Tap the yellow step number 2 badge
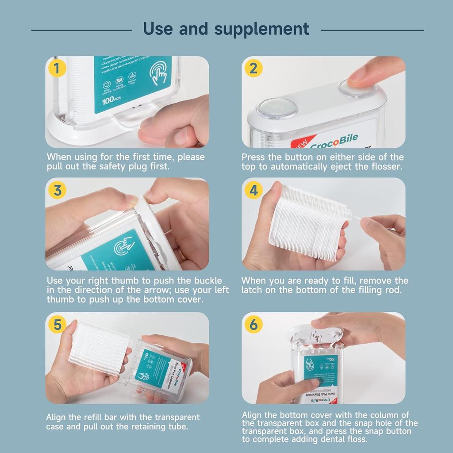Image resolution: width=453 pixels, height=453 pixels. coord(253,69)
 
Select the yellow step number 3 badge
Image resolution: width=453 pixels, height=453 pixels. coord(58,190)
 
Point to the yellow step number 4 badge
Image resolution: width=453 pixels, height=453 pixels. coord(253,190)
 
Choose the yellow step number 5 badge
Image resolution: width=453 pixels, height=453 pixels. coord(58,325)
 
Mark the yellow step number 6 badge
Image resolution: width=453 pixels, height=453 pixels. coord(253,325)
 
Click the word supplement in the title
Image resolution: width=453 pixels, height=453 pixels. coord(262,29)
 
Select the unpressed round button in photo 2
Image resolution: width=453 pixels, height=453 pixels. coord(277,107)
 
